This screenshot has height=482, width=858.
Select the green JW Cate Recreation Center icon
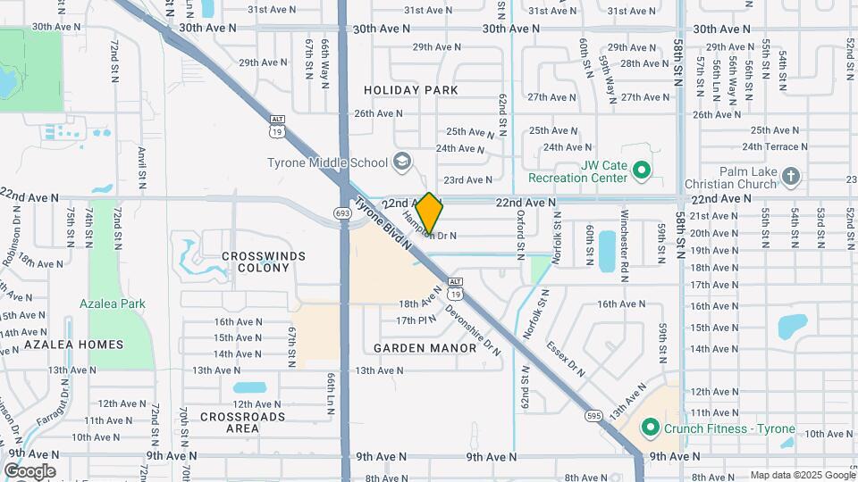pyautogui.click(x=640, y=170)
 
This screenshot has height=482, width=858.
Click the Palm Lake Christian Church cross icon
pyautogui.click(x=790, y=177)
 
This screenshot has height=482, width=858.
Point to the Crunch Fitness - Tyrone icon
pyautogui.click(x=652, y=428)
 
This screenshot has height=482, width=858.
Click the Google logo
pyautogui.click(x=29, y=471)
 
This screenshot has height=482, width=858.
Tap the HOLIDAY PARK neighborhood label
pyautogui.click(x=411, y=90)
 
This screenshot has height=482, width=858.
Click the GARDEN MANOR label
pyautogui.click(x=425, y=348)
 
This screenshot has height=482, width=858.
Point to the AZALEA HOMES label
pyautogui.click(x=62, y=345)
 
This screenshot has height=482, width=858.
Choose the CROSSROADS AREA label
pyautogui.click(x=242, y=422)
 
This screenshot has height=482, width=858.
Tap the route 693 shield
pyautogui.click(x=343, y=213)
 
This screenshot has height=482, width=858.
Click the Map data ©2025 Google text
pyautogui.click(x=802, y=475)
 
